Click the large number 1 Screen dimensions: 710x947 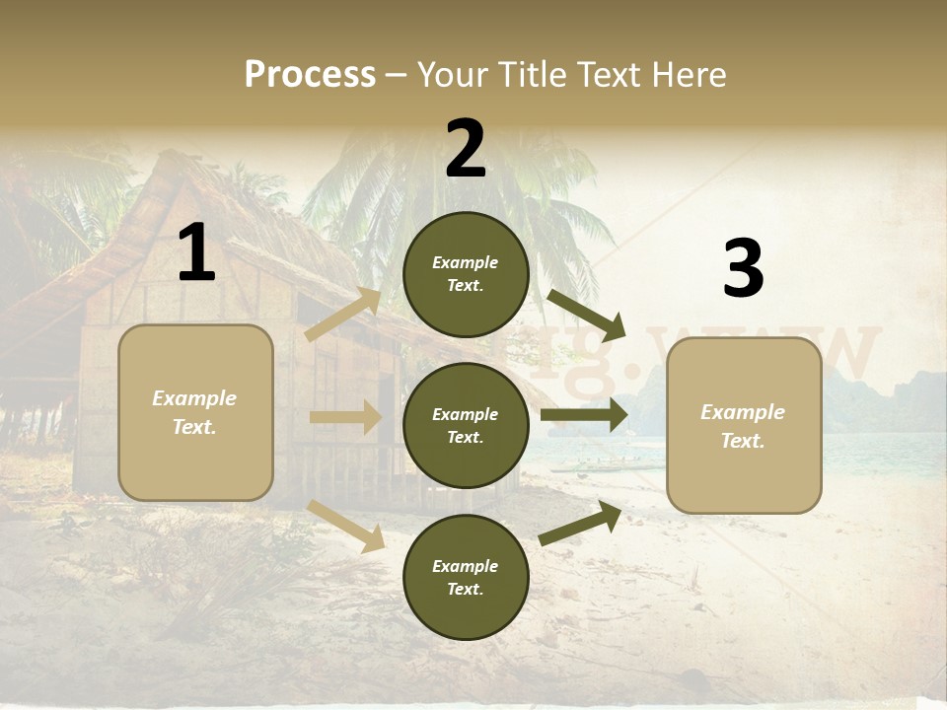point(196,253)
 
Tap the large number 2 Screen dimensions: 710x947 point(466,149)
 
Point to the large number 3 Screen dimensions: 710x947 point(743,268)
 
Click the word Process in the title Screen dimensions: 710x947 point(310,74)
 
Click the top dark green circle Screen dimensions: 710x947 point(466,274)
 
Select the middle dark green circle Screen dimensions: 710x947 point(466,425)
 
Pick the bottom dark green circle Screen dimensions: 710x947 point(466,577)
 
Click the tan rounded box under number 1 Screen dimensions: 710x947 point(195,412)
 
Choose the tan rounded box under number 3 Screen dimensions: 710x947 point(744,426)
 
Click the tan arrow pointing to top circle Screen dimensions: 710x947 point(343,315)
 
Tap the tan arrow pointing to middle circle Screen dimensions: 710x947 point(345,417)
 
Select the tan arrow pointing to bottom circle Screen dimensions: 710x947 point(346,526)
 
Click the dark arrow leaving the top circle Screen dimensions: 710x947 point(586,315)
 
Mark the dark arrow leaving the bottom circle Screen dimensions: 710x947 point(580,524)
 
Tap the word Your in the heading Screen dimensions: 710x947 point(450,74)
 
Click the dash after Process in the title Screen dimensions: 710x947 point(396,75)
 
